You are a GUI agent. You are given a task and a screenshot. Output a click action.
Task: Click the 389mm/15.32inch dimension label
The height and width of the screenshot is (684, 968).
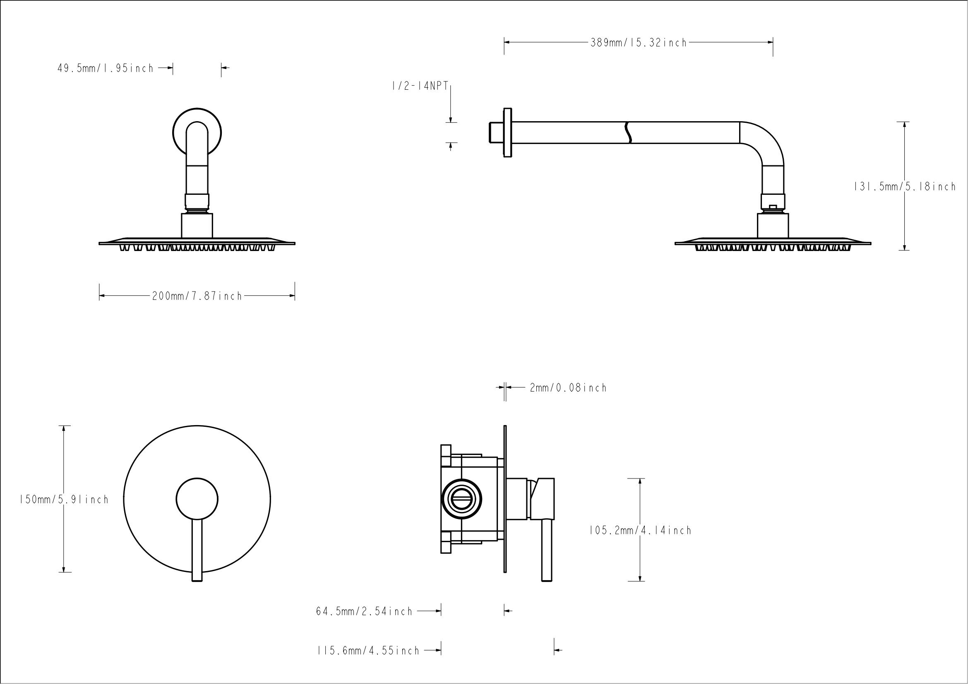coord(638,43)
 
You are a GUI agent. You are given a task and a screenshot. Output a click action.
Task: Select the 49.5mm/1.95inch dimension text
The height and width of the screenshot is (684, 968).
coord(106,68)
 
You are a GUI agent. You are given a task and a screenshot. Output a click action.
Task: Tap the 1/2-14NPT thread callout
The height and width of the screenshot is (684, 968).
coord(420,86)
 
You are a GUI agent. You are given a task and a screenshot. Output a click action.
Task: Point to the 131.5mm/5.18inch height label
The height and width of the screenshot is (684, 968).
coord(905,187)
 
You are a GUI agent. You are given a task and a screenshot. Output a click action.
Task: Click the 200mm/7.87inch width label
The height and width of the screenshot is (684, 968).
coord(197,296)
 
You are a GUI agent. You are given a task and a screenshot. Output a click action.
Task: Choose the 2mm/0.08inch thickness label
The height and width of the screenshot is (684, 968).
coord(568,387)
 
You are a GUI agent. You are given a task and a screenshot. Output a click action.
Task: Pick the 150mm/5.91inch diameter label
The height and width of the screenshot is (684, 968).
coord(64,500)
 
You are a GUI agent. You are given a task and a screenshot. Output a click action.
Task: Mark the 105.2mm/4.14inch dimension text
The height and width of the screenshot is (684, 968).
coord(640,530)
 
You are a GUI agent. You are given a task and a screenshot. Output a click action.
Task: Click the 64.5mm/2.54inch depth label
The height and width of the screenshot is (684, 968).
coord(364,611)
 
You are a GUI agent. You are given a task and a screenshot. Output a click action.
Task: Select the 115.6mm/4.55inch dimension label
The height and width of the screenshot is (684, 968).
coord(368,651)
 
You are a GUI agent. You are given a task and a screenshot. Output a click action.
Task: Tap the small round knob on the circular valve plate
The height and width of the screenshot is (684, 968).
coord(197,499)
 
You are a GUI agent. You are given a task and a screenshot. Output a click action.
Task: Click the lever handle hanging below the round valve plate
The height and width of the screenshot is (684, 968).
coord(197,552)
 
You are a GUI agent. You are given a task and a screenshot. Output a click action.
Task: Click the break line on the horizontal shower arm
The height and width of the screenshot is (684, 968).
coord(628,133)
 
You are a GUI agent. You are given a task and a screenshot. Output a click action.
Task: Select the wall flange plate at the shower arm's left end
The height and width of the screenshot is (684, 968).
coord(508,133)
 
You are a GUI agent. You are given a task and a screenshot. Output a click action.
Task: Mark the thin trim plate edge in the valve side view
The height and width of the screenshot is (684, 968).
coord(504,499)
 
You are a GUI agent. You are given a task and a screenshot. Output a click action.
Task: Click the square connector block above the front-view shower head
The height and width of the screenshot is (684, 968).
coord(197,226)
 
